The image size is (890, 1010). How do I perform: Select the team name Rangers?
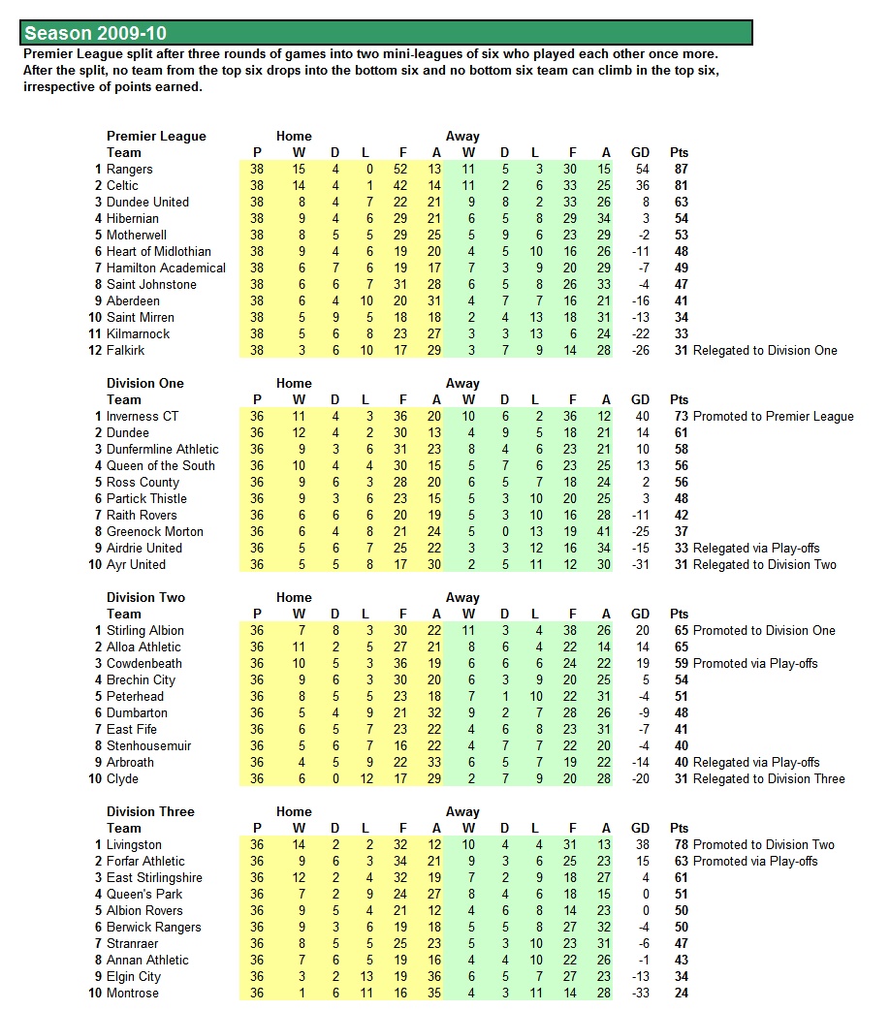pos(129,170)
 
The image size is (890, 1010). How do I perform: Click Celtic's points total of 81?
pos(679,186)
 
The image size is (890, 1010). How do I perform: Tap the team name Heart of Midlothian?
pos(158,252)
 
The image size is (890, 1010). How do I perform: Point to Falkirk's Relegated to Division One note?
pos(765,351)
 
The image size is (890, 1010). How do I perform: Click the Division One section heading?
pos(144,384)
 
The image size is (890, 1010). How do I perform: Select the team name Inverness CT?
pos(143,417)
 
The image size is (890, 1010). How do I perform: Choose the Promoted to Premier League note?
pos(773,417)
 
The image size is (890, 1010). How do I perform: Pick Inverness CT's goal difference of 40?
pos(640,417)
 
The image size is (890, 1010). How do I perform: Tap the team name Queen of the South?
pos(160,466)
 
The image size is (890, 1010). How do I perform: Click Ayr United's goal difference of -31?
pos(640,565)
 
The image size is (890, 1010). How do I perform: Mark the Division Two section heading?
pos(145,598)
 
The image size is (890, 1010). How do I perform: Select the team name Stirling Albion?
pos(144,631)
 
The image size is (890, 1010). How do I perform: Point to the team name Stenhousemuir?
pos(148,746)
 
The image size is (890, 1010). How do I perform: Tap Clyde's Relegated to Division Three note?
pos(769,779)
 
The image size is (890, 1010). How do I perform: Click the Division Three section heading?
pos(150,812)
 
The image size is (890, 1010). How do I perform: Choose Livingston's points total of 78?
pos(679,845)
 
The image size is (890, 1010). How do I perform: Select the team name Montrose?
pos(132,994)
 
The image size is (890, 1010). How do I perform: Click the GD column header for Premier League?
pos(640,153)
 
